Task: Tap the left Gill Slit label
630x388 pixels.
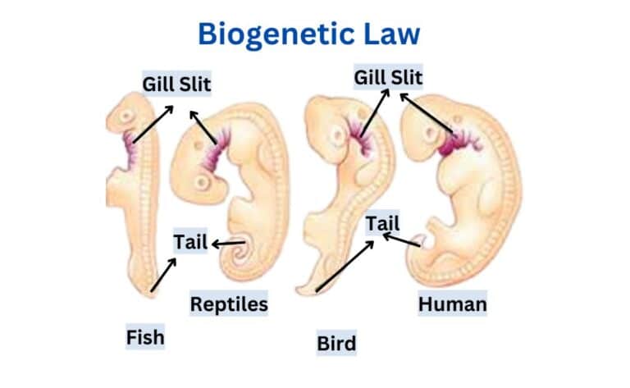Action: pyautogui.click(x=176, y=84)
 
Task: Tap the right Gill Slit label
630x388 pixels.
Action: pyautogui.click(x=388, y=78)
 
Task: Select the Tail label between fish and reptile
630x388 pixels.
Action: pyautogui.click(x=189, y=242)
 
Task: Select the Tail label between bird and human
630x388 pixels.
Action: pyautogui.click(x=383, y=222)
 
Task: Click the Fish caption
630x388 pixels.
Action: pyautogui.click(x=145, y=336)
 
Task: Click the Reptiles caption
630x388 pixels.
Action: pyautogui.click(x=229, y=304)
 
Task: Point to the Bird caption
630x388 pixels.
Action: pyautogui.click(x=336, y=343)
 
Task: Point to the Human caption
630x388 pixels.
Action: pyautogui.click(x=452, y=304)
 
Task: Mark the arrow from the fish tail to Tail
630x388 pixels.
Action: pyautogui.click(x=162, y=276)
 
